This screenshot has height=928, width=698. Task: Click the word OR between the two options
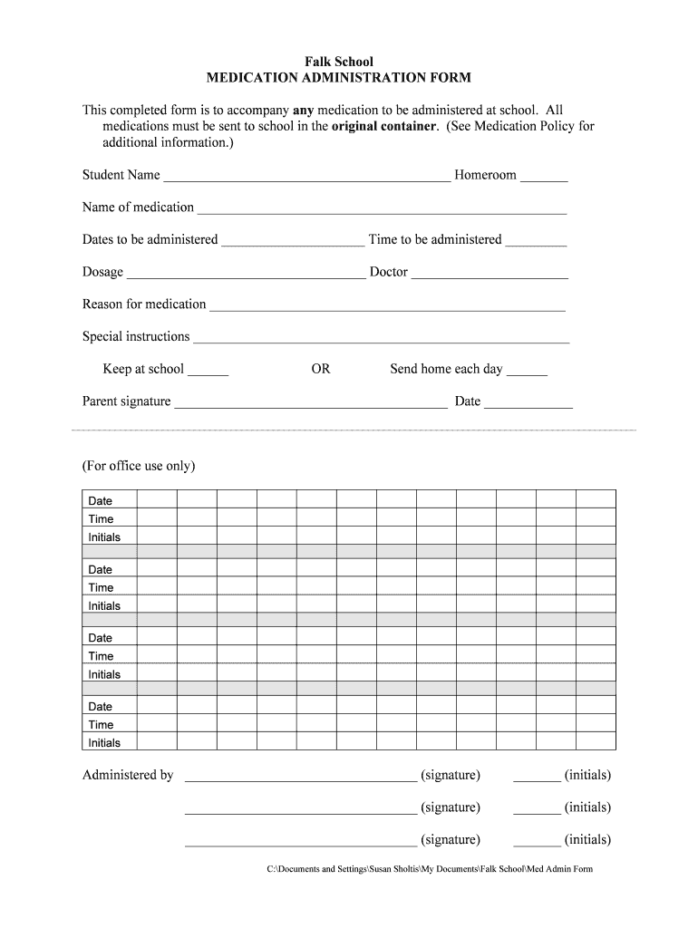(321, 369)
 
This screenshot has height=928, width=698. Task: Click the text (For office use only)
(139, 466)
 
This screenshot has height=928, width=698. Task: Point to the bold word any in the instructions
(304, 110)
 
